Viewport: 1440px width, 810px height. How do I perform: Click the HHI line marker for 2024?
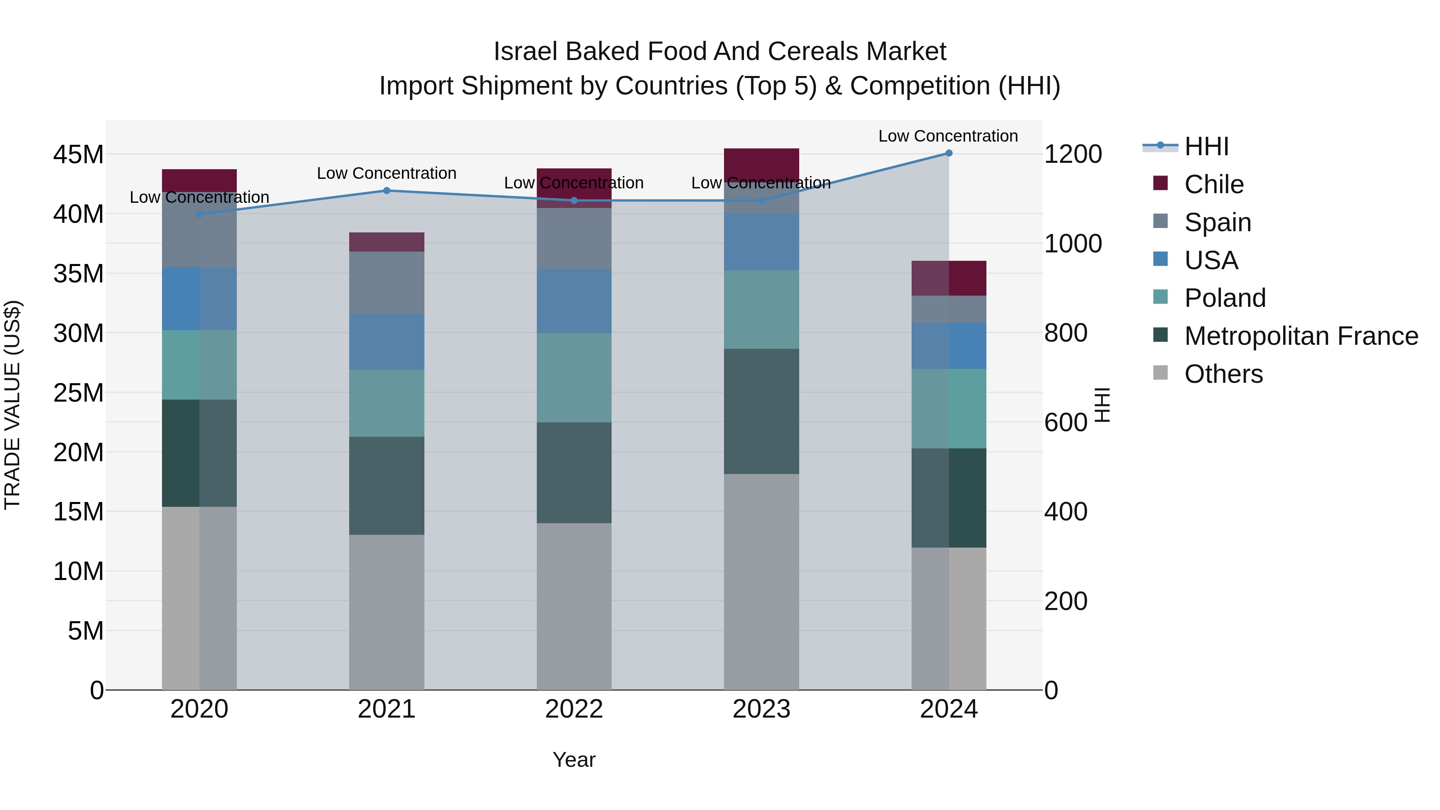(949, 153)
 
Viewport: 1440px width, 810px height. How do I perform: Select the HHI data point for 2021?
(386, 191)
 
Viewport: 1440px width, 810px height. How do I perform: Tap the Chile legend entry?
(1214, 184)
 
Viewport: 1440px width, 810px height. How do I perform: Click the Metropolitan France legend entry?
(1301, 336)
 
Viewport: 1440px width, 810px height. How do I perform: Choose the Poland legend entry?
(1225, 298)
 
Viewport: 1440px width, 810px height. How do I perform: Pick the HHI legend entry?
(1206, 146)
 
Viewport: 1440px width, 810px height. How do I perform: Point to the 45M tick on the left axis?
(78, 155)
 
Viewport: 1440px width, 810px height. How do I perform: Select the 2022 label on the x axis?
(574, 709)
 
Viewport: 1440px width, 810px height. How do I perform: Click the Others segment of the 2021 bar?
(386, 612)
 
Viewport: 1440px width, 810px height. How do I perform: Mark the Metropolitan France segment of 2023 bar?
(761, 412)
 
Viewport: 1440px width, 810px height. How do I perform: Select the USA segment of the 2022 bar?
(574, 301)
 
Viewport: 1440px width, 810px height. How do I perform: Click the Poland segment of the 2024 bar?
(949, 409)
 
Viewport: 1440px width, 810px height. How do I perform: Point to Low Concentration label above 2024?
(948, 136)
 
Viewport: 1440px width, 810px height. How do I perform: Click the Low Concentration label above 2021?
(386, 173)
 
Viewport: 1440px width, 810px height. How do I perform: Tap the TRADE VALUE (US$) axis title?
(12, 405)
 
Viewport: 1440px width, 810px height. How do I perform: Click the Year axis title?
(574, 760)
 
